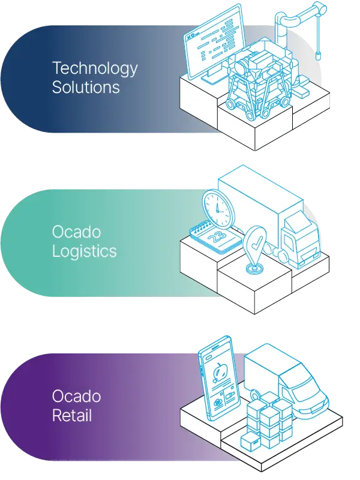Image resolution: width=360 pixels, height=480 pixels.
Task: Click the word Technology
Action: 95,69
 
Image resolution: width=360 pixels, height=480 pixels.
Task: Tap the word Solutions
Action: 86,87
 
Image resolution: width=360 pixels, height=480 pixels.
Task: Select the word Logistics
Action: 84,250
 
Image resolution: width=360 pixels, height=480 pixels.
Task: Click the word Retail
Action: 72,414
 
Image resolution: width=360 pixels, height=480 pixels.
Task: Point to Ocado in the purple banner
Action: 76,397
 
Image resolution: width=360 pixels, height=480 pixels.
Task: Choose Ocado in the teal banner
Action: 76,232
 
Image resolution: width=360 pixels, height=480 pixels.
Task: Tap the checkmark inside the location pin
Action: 255,244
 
